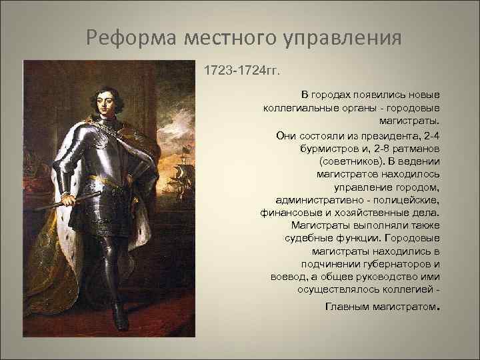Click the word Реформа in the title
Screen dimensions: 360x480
tap(127, 37)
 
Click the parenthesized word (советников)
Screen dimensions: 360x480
tap(352, 161)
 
